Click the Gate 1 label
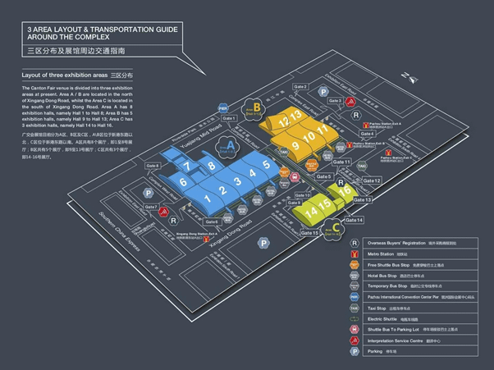point(229,118)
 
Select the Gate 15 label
point(310,233)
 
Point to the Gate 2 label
point(300,87)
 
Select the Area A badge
point(231,143)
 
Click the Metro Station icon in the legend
point(354,254)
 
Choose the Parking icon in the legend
point(354,350)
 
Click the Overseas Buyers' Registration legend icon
point(354,243)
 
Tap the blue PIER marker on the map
point(222,107)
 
